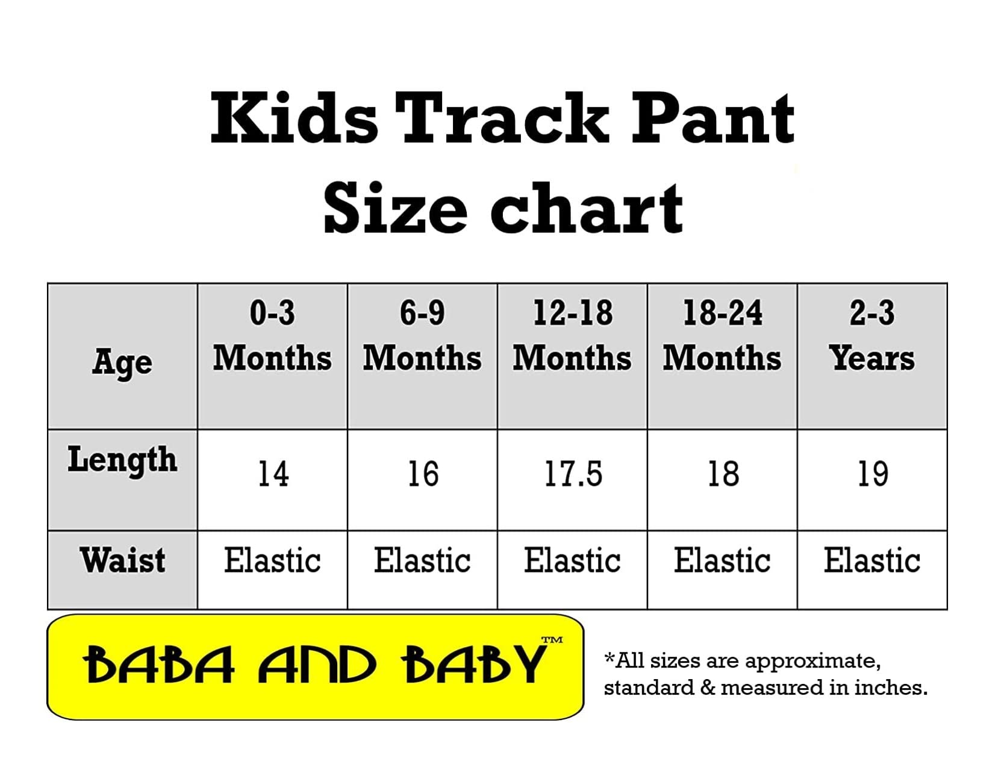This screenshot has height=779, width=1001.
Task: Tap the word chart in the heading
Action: point(587,208)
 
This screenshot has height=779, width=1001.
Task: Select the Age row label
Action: point(122,362)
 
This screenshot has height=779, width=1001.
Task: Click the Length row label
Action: point(122,460)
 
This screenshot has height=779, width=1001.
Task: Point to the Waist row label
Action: point(122,560)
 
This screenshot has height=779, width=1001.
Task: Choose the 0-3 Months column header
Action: point(272,336)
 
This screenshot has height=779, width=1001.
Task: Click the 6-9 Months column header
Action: point(422,336)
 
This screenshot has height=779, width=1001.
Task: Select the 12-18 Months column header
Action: point(572,336)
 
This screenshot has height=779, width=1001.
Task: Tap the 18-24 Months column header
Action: point(722,336)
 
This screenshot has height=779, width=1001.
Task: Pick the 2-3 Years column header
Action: point(872,336)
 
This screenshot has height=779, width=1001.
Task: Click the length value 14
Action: point(273,474)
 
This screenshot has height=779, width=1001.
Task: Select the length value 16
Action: point(423,474)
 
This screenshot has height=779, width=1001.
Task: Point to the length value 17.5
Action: point(573,474)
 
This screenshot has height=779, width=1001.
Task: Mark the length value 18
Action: point(723,474)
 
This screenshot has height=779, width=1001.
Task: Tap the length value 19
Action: point(873,474)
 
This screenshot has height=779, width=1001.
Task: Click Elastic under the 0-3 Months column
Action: point(272,560)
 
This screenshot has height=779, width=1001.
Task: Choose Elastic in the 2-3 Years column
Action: point(872,560)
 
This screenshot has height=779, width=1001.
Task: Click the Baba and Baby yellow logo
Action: point(316,667)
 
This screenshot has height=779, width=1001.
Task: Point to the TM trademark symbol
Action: point(552,639)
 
